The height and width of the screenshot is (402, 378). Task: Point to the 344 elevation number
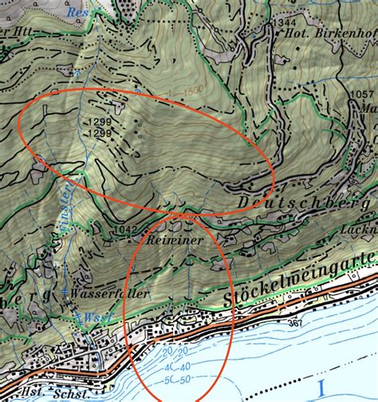287,24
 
